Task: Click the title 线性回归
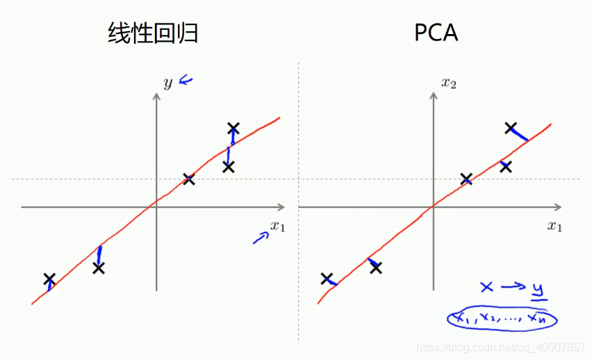[x=153, y=33]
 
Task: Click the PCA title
[x=436, y=33]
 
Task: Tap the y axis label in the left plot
[x=167, y=83]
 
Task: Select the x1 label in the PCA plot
[x=554, y=226]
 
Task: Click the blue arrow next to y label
[x=186, y=81]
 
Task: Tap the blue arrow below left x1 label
[x=260, y=238]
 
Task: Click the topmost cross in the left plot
[x=233, y=128]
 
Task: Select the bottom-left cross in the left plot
[x=49, y=279]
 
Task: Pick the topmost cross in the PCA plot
[x=511, y=127]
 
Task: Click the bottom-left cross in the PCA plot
[x=327, y=279]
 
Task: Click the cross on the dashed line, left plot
[x=189, y=179]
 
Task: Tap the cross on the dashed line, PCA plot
[x=466, y=179]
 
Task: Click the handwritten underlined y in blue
[x=538, y=288]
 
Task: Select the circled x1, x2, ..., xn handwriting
[x=502, y=318]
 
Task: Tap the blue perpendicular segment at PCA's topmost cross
[x=520, y=134]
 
